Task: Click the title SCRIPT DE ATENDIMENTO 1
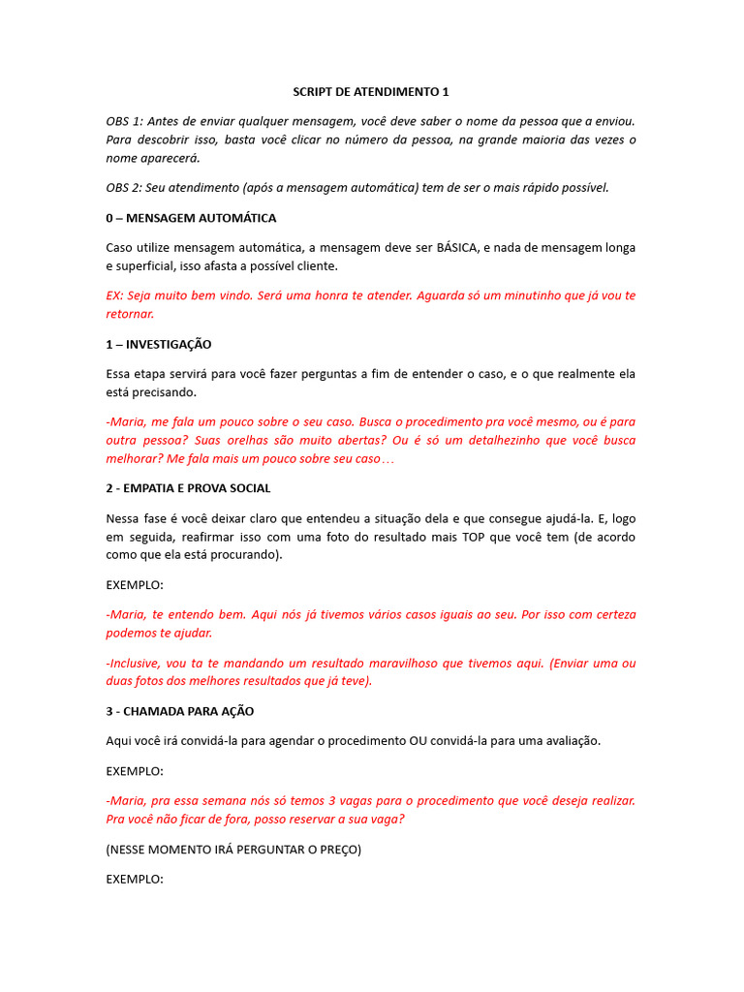pyautogui.click(x=371, y=92)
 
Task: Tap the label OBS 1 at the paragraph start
pyautogui.click(x=125, y=121)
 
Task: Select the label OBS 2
pyautogui.click(x=125, y=188)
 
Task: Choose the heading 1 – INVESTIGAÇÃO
pyautogui.click(x=159, y=344)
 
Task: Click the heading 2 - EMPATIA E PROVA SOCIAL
pyautogui.click(x=188, y=488)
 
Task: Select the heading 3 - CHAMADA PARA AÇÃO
pyautogui.click(x=180, y=711)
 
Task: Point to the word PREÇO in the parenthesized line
pyautogui.click(x=337, y=850)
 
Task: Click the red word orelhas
pyautogui.click(x=216, y=441)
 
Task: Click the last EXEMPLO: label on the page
pyautogui.click(x=135, y=880)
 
